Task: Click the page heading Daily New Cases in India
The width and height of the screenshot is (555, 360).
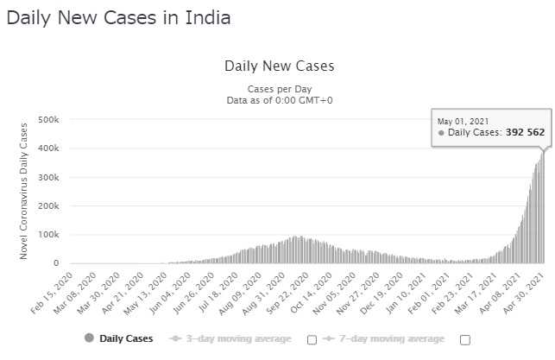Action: (118, 17)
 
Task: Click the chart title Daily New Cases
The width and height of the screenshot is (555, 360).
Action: (279, 66)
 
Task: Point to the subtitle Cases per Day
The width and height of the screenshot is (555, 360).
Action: (279, 89)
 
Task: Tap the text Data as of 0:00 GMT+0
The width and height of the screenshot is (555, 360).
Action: (279, 100)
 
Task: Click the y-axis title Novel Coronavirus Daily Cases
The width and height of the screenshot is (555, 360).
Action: (23, 191)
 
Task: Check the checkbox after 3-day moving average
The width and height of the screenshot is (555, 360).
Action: (312, 338)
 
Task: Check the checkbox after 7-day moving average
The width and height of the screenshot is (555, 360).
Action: (465, 338)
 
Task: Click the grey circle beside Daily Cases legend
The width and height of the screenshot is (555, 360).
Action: (89, 338)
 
